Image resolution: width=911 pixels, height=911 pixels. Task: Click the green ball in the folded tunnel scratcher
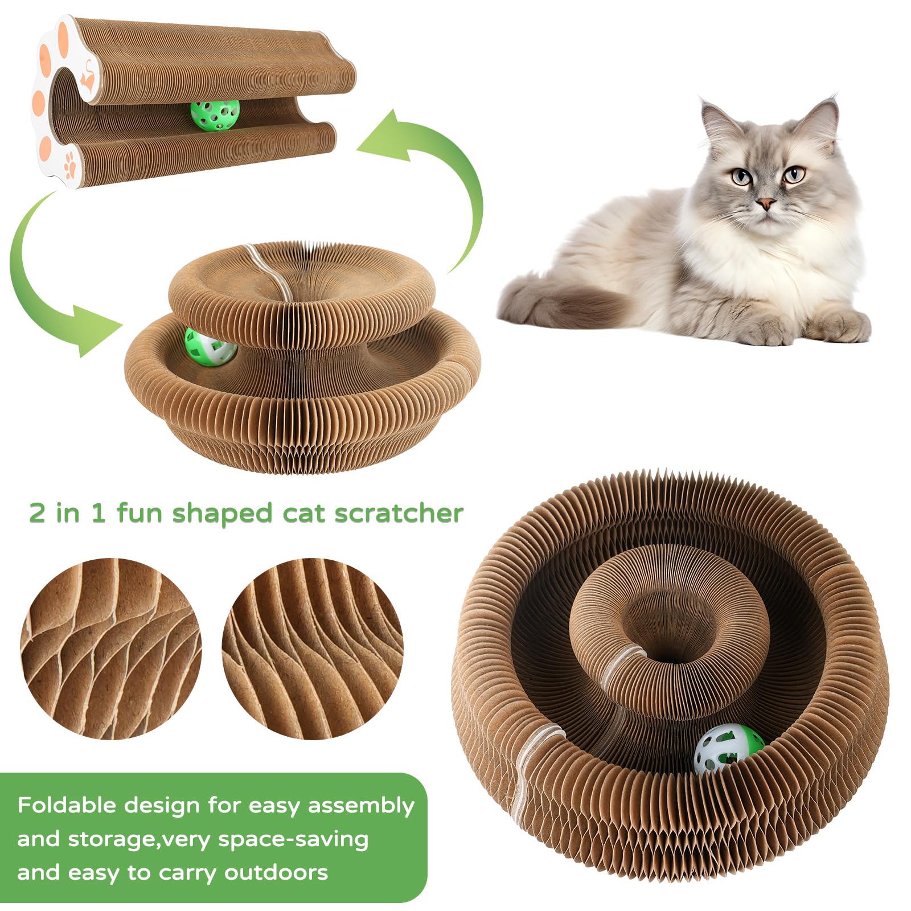click(215, 116)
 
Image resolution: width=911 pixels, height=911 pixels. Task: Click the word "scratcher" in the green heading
click(399, 513)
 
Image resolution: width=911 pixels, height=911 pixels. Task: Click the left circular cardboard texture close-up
click(111, 649)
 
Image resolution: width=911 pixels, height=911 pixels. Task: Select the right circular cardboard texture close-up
click(313, 649)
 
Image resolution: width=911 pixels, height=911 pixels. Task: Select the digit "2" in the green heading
click(37, 513)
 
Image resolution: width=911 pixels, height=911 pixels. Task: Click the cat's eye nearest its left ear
click(741, 177)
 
